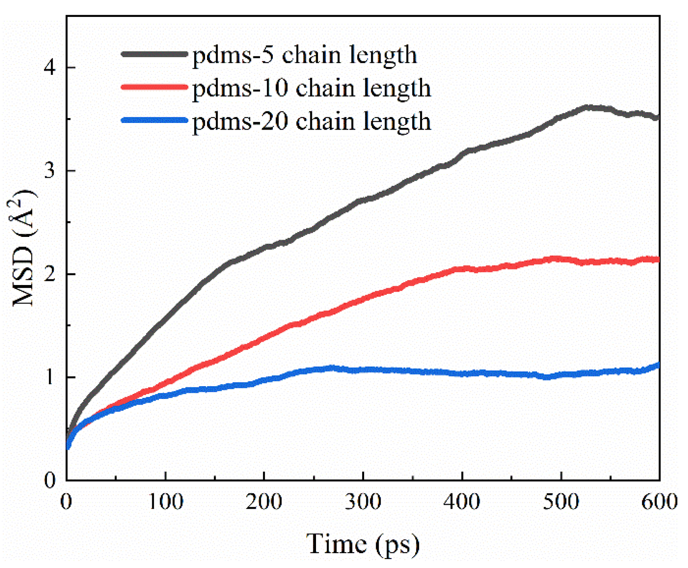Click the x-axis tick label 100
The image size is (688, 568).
165,502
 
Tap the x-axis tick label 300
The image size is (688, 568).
363,502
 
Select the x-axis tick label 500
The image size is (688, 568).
561,502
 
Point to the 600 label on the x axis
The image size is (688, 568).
659,502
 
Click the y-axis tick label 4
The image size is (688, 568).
50,67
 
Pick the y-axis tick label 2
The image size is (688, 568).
50,274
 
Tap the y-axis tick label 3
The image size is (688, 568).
50,170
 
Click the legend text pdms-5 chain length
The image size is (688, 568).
304,55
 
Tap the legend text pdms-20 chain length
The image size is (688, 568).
311,122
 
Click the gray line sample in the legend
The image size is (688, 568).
155,54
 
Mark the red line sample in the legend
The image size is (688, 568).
155,87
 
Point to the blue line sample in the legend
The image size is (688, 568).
155,120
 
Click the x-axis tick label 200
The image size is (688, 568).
264,502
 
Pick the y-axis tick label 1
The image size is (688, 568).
50,377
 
